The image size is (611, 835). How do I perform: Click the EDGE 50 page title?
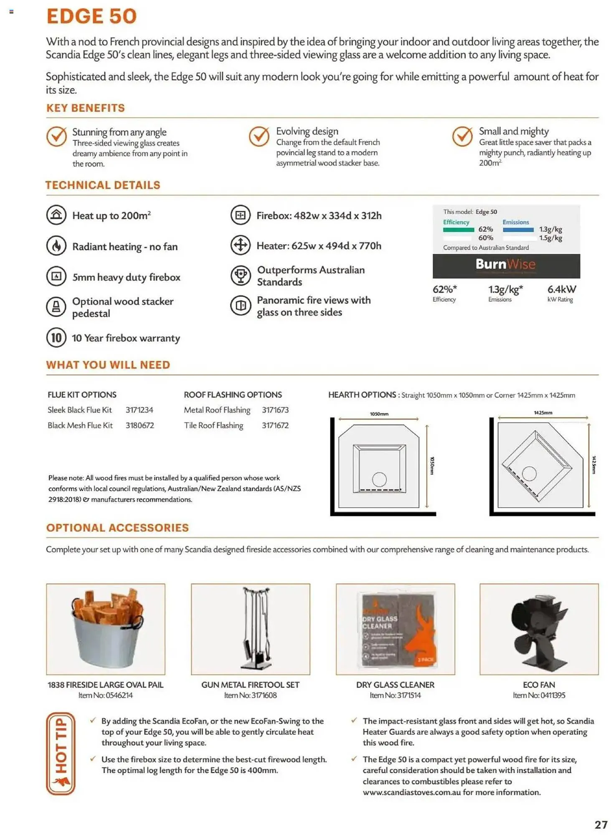91,17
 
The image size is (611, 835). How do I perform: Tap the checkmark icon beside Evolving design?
259,137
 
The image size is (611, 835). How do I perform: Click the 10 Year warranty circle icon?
56,337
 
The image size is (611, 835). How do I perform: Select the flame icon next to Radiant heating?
56,246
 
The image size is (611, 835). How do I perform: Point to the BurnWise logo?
505,265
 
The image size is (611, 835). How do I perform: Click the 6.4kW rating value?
561,289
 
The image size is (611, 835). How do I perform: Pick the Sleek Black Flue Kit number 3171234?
139,410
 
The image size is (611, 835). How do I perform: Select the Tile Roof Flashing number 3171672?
275,425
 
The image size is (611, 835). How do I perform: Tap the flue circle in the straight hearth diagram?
379,479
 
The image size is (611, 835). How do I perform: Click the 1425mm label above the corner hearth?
543,412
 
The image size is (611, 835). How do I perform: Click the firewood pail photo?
106,629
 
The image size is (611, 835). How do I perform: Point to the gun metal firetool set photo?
251,629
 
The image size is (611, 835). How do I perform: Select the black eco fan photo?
539,629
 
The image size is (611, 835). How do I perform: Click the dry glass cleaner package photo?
396,629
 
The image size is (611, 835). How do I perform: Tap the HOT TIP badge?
61,753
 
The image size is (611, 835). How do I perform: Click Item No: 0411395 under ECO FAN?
539,695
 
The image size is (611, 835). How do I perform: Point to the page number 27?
601,825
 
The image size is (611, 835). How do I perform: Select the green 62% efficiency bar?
458,230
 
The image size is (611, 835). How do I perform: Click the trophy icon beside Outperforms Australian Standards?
241,276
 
